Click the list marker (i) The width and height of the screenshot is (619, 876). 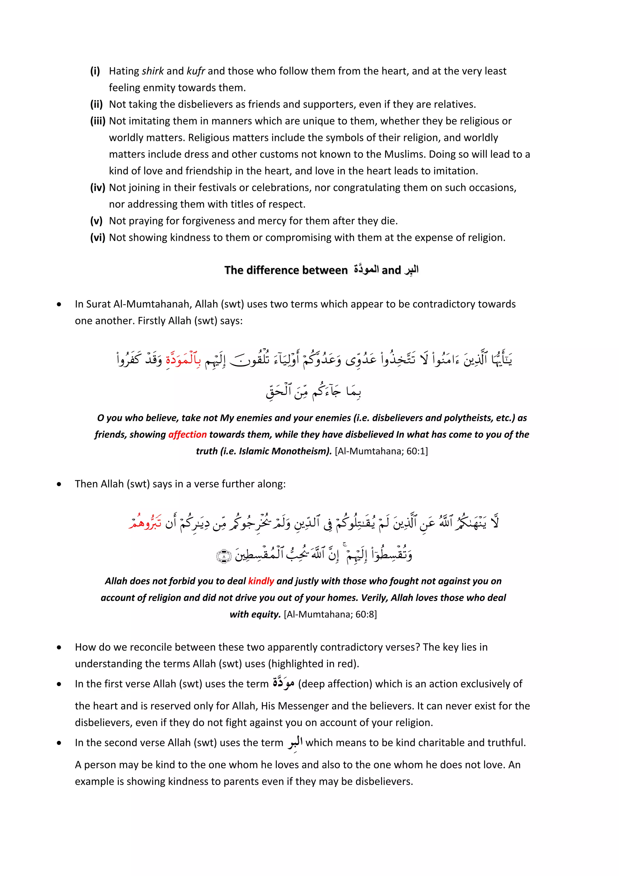pos(95,71)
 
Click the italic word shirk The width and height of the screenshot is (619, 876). pos(153,71)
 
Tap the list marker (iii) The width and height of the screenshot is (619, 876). pos(98,121)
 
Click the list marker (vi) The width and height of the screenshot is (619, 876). pos(97,238)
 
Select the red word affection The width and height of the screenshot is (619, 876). pos(187,435)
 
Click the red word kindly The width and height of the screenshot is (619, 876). pos(261,581)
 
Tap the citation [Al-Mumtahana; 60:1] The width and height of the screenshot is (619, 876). pos(381,451)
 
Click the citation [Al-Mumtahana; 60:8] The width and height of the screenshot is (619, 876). pos(330,614)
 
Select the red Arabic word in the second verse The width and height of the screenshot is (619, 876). pos(145,522)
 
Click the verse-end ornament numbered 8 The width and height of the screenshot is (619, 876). pos(223,557)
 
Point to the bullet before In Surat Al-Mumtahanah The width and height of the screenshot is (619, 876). pos(59,304)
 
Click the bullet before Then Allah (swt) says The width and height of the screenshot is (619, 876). pos(59,484)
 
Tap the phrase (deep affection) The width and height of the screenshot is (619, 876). pos(335,684)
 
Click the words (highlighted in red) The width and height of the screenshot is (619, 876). pos(313,664)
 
